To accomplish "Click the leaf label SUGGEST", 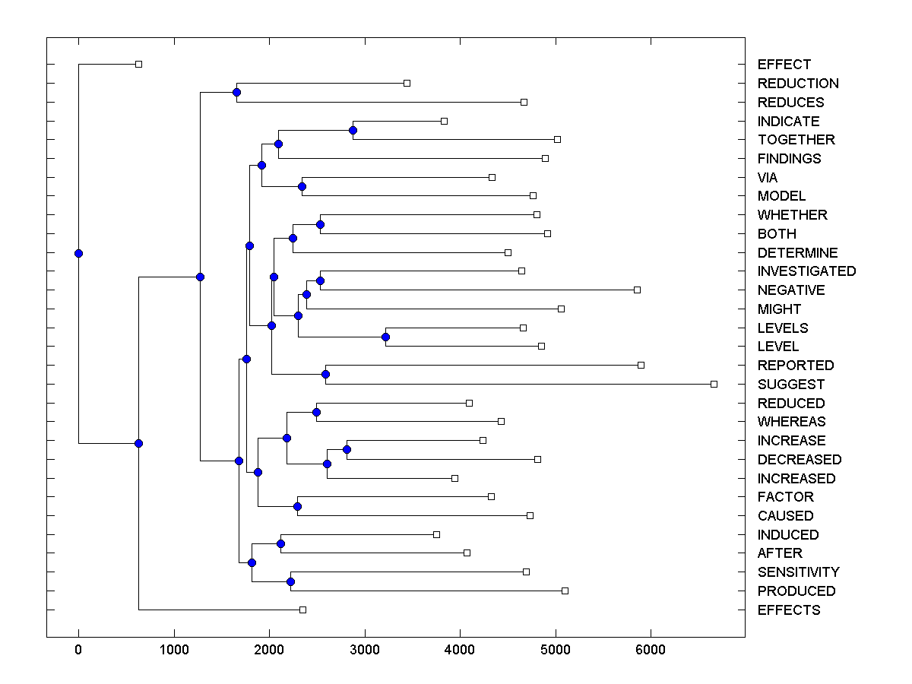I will pyautogui.click(x=790, y=385).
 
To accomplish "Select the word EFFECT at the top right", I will pyautogui.click(x=784, y=65).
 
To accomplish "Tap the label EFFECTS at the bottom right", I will pyautogui.click(x=788, y=610).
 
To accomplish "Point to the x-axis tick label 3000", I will pyautogui.click(x=365, y=650).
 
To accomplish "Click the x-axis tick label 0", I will pyautogui.click(x=78, y=650).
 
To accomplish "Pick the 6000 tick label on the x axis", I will pyautogui.click(x=651, y=650).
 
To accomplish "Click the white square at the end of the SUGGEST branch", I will pyautogui.click(x=714, y=384).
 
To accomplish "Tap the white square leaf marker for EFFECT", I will pyautogui.click(x=138, y=64).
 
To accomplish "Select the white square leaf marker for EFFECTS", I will pyautogui.click(x=302, y=610).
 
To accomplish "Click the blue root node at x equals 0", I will pyautogui.click(x=78, y=253).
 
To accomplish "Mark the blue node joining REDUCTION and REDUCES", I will pyautogui.click(x=236, y=92).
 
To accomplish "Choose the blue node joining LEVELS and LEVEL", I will pyautogui.click(x=385, y=337).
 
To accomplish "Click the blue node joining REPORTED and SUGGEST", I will pyautogui.click(x=325, y=374).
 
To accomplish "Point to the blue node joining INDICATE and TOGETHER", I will pyautogui.click(x=353, y=130).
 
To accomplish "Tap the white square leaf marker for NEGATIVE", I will pyautogui.click(x=637, y=290).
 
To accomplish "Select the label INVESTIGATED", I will pyautogui.click(x=806, y=271).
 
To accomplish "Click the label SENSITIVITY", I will pyautogui.click(x=798, y=572).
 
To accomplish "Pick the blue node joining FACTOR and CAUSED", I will pyautogui.click(x=297, y=506).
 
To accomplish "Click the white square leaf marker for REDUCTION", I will pyautogui.click(x=407, y=83).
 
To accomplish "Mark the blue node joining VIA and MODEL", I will pyautogui.click(x=302, y=186).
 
